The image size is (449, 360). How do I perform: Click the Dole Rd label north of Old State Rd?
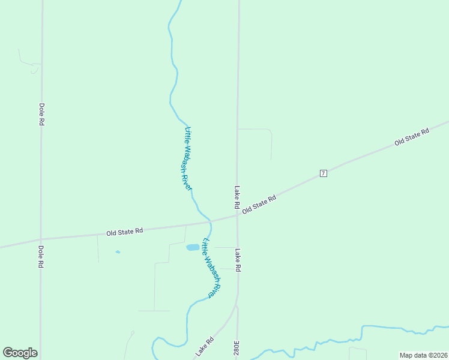(41, 114)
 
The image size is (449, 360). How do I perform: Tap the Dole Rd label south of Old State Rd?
(41, 256)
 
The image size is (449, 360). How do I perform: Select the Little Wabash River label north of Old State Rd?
(188, 158)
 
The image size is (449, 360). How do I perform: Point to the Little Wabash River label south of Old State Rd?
(212, 268)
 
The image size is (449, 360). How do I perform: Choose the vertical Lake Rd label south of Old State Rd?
(238, 260)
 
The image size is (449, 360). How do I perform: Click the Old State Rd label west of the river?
(124, 231)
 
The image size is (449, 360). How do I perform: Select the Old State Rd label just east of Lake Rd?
(259, 204)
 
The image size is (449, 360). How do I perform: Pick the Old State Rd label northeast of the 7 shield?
(412, 137)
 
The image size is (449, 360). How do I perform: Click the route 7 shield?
(323, 173)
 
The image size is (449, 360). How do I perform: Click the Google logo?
(20, 353)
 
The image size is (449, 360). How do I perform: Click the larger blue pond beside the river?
(193, 247)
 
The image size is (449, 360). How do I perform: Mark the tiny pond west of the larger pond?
(118, 252)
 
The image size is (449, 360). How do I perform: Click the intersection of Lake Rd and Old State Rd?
(237, 215)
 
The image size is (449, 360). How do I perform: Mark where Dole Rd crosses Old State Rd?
(41, 238)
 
